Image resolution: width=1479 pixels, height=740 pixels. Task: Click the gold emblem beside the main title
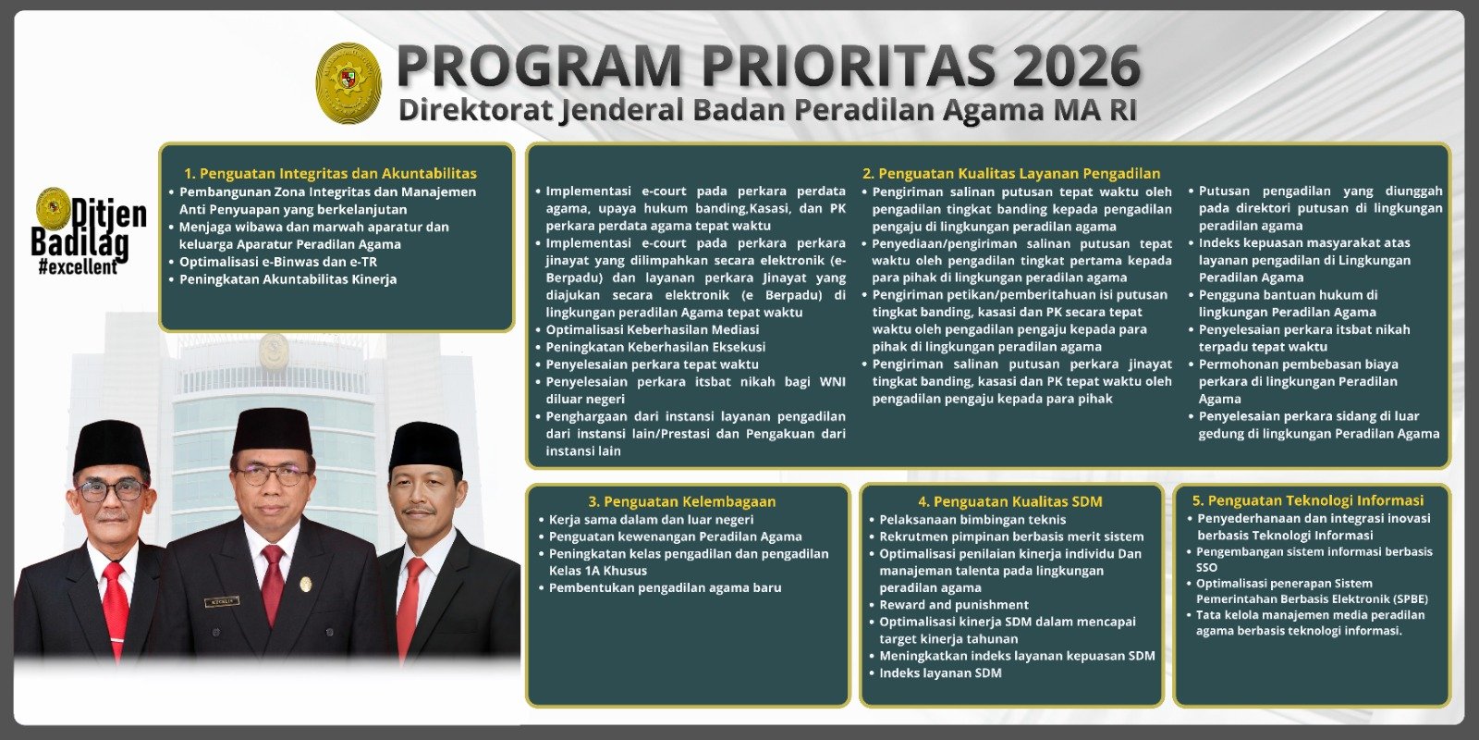pos(348,83)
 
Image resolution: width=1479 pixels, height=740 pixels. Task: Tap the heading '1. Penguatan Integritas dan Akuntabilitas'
pos(330,173)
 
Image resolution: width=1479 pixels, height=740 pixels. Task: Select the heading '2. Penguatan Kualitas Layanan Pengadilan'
pos(1010,173)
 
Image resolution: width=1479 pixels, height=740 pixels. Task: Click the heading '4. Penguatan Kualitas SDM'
pos(1009,501)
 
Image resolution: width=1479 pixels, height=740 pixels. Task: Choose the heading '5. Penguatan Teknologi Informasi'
pos(1307,500)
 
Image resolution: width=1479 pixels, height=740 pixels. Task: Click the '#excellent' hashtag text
pos(78,267)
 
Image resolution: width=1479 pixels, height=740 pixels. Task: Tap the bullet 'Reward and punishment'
pos(953,605)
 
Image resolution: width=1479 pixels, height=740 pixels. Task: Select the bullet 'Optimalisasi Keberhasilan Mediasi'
pos(652,329)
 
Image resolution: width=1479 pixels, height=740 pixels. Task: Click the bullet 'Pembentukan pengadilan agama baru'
pos(665,587)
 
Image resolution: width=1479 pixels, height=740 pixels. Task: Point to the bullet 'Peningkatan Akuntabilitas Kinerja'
pos(287,278)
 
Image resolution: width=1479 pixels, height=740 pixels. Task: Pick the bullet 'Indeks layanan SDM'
pos(940,672)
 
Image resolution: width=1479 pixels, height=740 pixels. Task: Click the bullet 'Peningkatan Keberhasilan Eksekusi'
pos(654,347)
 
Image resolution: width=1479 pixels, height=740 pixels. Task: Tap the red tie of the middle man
pos(272,583)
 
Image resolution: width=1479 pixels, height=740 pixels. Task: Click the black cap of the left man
pos(111,446)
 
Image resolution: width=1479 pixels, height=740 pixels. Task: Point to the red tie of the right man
pos(409,601)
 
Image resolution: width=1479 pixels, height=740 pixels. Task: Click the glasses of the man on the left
pos(111,489)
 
